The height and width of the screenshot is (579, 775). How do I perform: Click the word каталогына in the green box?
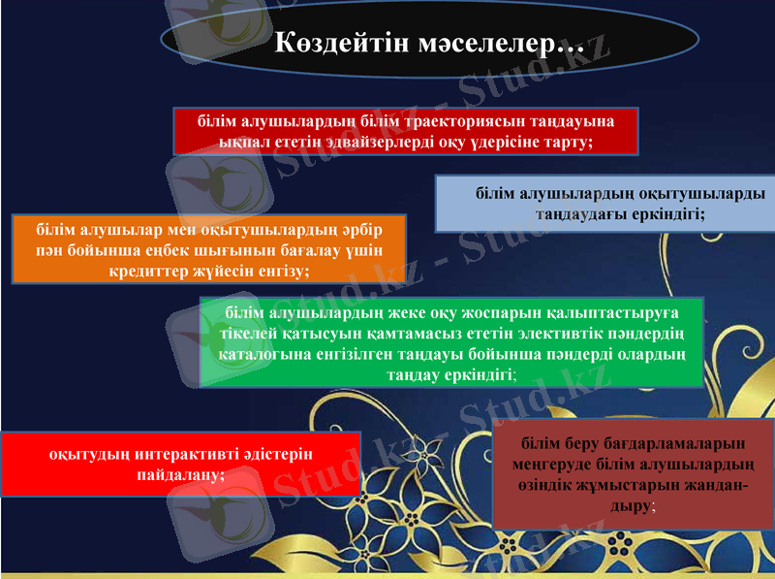[x=265, y=354]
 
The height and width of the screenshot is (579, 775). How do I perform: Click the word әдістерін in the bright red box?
[x=274, y=455]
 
